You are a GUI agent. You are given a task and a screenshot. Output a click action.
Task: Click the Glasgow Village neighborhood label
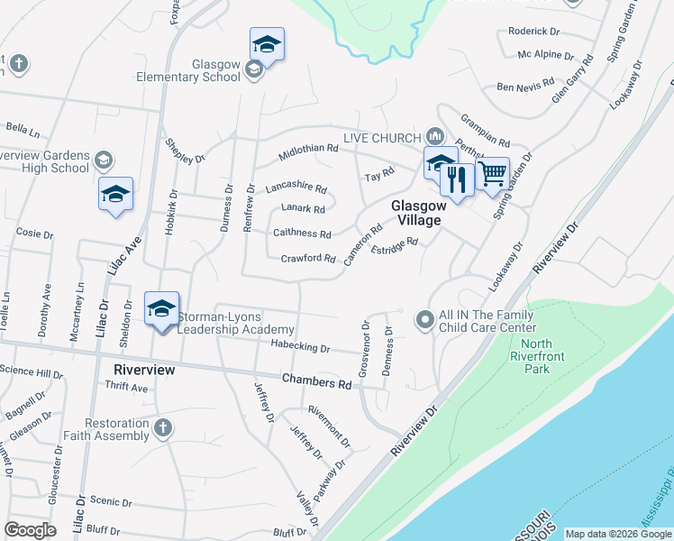coord(416,213)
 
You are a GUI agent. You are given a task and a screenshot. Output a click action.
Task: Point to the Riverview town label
coord(143,370)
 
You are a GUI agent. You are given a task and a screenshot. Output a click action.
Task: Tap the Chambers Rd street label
coord(316,382)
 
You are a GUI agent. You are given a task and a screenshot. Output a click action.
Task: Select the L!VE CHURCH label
coord(382,137)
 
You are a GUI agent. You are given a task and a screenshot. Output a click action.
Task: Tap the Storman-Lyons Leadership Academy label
coord(236,323)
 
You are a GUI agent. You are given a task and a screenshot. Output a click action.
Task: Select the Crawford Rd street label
coord(308,259)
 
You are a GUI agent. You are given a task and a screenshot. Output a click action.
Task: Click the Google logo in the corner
coord(31,530)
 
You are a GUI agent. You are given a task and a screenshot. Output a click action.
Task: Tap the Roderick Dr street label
coord(534,31)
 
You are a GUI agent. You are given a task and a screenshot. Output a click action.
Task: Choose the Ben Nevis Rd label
coord(523,87)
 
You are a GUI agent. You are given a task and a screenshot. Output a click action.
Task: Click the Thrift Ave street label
coord(126,387)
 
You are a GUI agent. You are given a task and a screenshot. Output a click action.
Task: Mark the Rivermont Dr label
coord(329,424)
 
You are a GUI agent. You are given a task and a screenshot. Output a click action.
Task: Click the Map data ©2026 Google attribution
coord(618,534)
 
